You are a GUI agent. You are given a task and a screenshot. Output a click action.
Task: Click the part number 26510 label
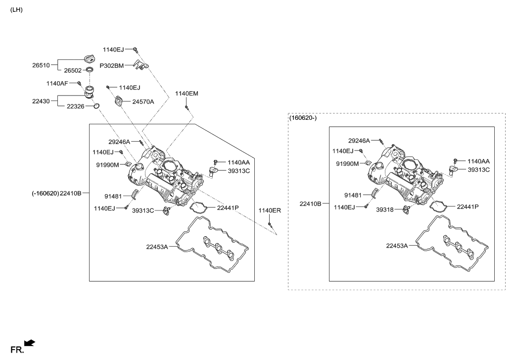42,65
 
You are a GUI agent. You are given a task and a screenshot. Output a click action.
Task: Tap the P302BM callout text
111,65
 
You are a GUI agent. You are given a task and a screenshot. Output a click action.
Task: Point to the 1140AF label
57,83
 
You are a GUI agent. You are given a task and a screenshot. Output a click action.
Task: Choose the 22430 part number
42,101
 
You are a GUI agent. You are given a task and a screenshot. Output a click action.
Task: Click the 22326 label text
76,106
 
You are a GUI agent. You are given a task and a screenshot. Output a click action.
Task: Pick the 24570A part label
143,102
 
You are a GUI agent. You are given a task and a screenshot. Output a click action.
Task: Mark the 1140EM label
187,94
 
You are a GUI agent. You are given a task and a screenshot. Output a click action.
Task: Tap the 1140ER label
270,210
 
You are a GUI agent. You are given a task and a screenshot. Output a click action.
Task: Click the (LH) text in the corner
16,9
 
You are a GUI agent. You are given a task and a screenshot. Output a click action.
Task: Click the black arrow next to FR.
30,343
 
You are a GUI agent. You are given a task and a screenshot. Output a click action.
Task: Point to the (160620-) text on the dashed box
303,118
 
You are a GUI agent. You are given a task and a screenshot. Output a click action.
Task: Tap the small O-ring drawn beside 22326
97,105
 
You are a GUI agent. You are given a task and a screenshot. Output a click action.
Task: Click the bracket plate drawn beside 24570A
120,102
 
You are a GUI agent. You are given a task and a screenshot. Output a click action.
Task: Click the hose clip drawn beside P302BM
141,65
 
